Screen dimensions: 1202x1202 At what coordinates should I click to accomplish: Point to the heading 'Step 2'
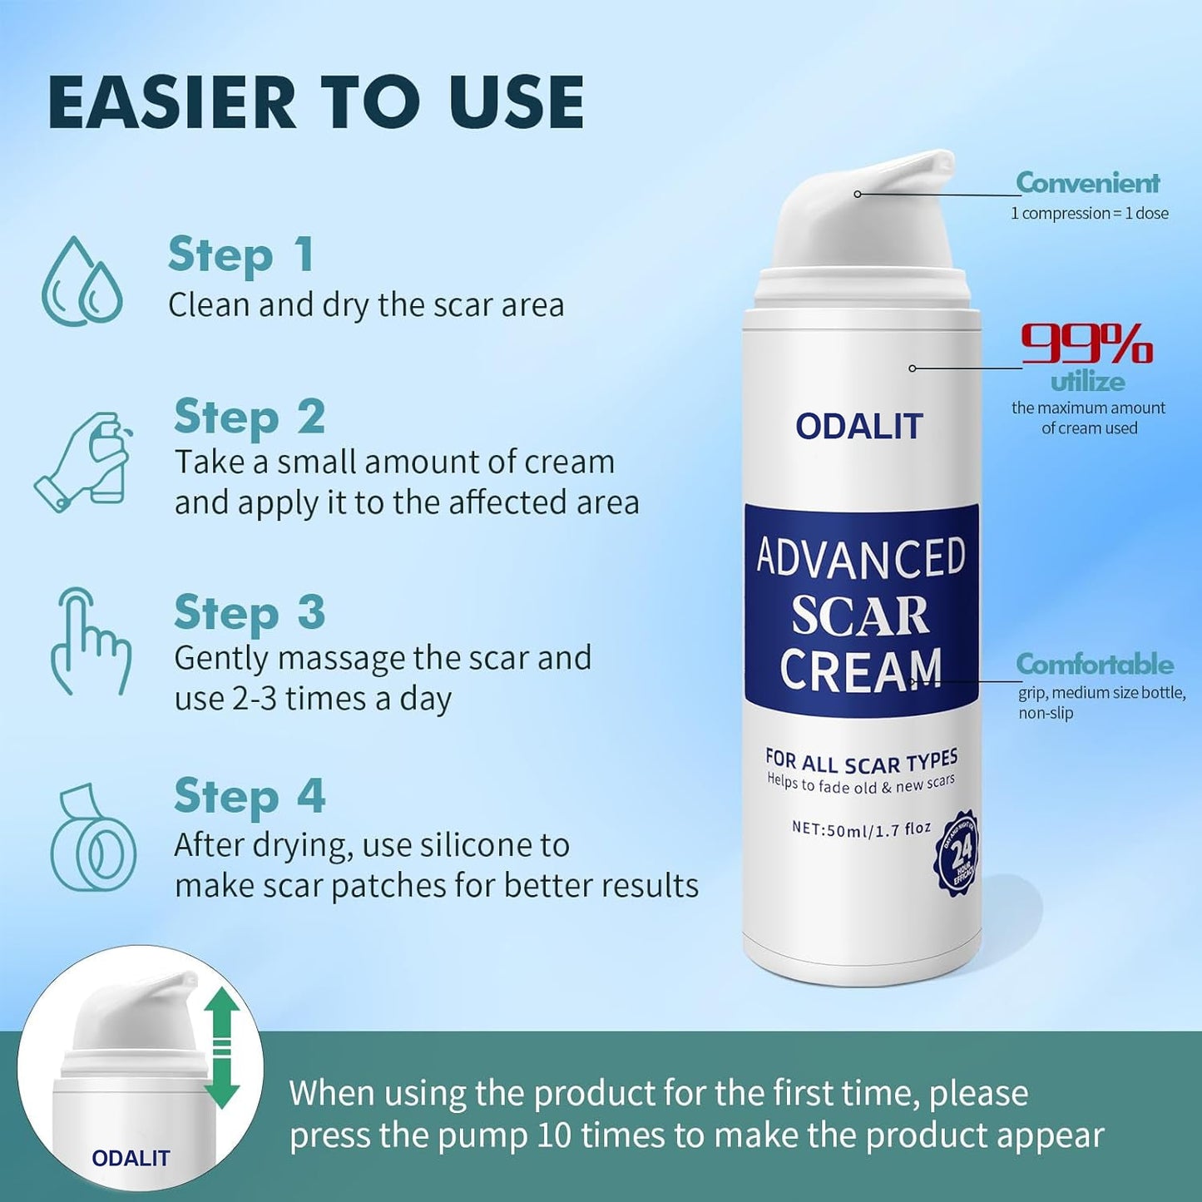pos(249,417)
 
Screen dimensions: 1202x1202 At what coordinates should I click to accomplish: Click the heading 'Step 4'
pos(249,796)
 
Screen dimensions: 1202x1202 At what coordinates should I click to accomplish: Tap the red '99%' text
pos(1086,344)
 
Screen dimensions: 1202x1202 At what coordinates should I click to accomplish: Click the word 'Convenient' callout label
pos(1087,182)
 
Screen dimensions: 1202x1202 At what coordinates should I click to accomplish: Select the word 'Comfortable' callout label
pos(1094,664)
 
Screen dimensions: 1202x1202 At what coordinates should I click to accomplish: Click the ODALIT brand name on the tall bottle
pos(859,427)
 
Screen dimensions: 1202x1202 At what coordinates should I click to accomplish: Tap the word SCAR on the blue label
pos(859,616)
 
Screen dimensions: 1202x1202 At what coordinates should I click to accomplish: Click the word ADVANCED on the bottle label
pos(861,558)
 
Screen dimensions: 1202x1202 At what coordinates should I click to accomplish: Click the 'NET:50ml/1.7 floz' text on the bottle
pos(861,829)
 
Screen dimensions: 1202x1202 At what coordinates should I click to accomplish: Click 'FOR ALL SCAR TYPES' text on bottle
pos(861,760)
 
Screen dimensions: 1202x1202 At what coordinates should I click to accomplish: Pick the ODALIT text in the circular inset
pos(131,1158)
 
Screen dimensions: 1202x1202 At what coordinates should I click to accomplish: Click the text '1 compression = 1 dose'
pos(1089,214)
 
